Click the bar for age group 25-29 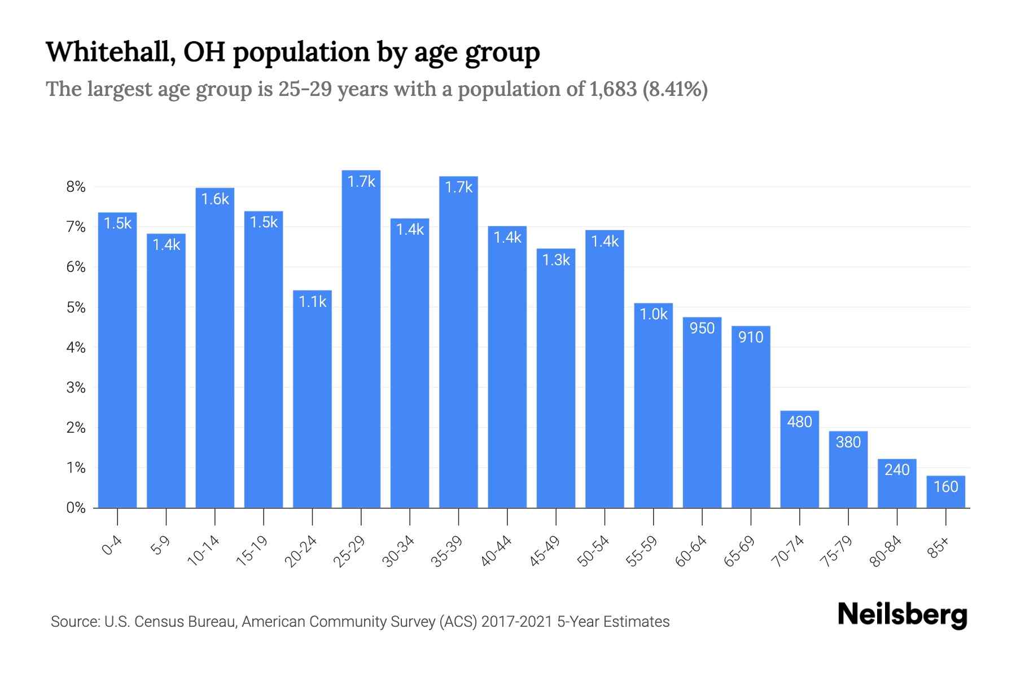click(x=361, y=338)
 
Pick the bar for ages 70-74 click(x=799, y=459)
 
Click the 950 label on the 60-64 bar click(x=702, y=328)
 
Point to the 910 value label click(x=751, y=337)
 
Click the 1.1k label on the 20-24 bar click(x=312, y=302)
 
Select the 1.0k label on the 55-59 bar click(x=654, y=314)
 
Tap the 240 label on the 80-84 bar click(x=897, y=470)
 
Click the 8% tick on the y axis click(x=76, y=187)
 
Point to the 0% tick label click(x=76, y=508)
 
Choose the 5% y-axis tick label click(x=76, y=307)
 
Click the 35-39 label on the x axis click(x=446, y=551)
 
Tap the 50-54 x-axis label click(x=593, y=551)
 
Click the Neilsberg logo click(x=902, y=615)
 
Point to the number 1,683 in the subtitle click(x=612, y=89)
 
